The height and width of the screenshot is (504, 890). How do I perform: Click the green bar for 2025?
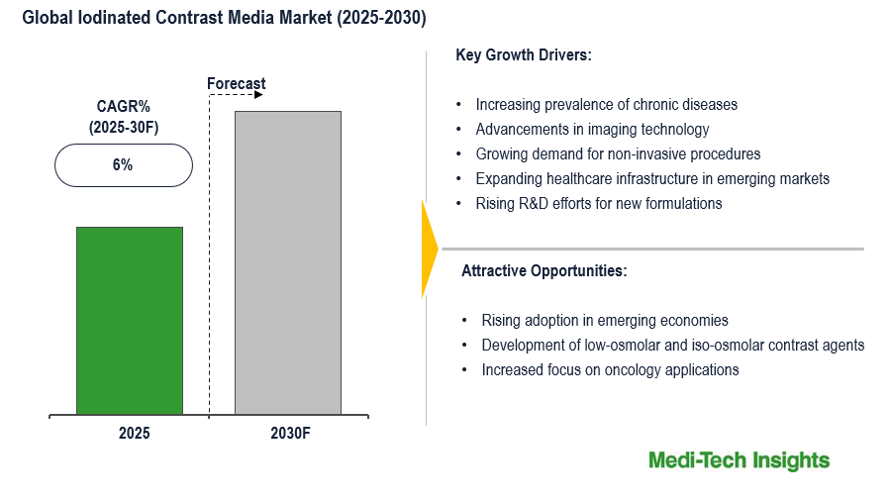tap(130, 320)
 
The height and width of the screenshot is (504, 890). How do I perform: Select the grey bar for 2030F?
tap(288, 262)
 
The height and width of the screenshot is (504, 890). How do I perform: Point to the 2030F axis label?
tap(288, 433)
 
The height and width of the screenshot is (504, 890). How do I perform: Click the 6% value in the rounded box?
tap(123, 165)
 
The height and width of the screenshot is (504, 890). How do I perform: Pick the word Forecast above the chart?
tap(237, 84)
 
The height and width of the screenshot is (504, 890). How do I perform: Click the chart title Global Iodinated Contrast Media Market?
tap(218, 19)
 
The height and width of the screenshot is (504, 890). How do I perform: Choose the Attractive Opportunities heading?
tap(544, 270)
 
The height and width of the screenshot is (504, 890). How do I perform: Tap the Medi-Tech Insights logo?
tap(739, 460)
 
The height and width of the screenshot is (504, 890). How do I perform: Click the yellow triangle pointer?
tap(429, 249)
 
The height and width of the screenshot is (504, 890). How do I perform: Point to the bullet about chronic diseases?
tap(606, 104)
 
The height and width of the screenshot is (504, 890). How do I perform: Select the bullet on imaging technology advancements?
tap(592, 129)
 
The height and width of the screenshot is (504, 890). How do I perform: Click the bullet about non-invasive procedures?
tap(618, 153)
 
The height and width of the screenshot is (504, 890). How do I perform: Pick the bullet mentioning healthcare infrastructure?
tap(652, 178)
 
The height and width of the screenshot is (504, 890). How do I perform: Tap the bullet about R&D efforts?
tap(598, 203)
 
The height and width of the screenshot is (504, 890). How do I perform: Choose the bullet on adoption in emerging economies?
tap(605, 320)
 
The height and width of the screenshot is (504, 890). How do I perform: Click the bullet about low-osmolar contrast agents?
tap(673, 345)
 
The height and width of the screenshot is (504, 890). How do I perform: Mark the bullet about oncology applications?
tap(610, 369)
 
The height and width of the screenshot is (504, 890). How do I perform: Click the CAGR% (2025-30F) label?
tap(122, 117)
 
